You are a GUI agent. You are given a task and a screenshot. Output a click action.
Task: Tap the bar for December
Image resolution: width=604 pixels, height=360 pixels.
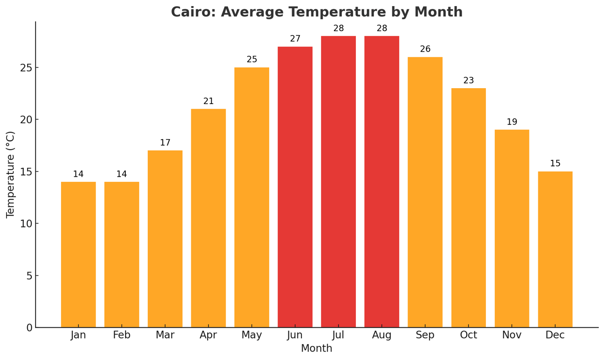pos(555,249)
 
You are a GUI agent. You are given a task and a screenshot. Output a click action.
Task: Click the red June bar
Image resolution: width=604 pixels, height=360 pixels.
pos(295,187)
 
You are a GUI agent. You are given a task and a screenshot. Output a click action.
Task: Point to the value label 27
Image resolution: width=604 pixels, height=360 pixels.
pos(295,39)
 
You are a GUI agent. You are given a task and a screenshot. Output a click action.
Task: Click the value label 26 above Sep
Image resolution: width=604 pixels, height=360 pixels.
pos(425,49)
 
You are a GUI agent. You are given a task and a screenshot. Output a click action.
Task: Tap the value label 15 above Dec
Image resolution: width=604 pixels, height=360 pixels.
pos(555,164)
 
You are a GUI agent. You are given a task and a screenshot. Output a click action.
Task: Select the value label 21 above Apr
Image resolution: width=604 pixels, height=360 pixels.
pos(208,101)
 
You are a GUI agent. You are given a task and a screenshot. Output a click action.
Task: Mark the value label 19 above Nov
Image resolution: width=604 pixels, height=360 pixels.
pos(512,122)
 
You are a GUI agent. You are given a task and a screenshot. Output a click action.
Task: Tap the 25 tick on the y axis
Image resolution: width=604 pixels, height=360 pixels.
pos(26,67)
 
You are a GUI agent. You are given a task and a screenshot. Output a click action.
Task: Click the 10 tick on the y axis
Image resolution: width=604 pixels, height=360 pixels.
pos(26,224)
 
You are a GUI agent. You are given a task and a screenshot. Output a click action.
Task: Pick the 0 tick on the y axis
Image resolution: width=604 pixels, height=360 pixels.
pos(30,328)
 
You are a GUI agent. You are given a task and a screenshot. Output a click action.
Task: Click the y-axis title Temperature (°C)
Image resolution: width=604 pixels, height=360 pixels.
pos(11,174)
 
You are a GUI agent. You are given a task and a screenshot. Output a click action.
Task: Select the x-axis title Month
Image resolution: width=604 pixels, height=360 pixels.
pos(317,349)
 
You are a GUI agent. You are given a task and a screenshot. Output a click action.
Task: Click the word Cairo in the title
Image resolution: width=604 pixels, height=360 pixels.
pos(192,12)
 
